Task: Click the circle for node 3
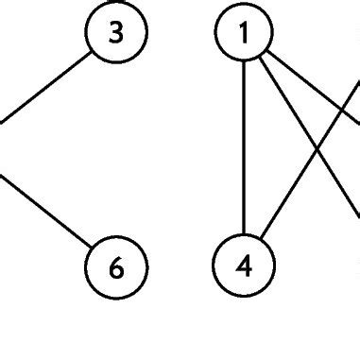tap(116, 34)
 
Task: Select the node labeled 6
tap(116, 267)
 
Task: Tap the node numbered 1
tap(244, 34)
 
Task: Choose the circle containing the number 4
tap(244, 267)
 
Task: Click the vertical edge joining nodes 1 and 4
tap(244, 151)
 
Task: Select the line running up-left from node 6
tap(47, 214)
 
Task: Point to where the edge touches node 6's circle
tap(92, 249)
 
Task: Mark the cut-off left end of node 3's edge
tap(1, 120)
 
